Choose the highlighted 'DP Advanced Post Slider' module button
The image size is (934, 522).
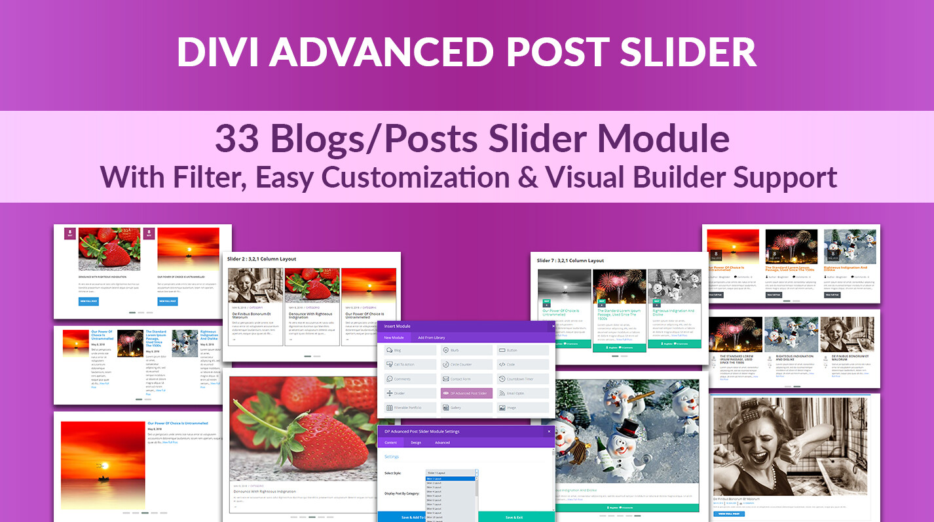(466, 393)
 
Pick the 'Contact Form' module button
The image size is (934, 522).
(466, 379)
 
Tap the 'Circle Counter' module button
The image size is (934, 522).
(466, 365)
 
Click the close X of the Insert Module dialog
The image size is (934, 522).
(552, 326)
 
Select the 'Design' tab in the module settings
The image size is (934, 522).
(415, 443)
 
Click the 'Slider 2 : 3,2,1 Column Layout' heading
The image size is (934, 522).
(261, 259)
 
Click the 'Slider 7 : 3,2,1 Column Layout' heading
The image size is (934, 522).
(570, 260)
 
